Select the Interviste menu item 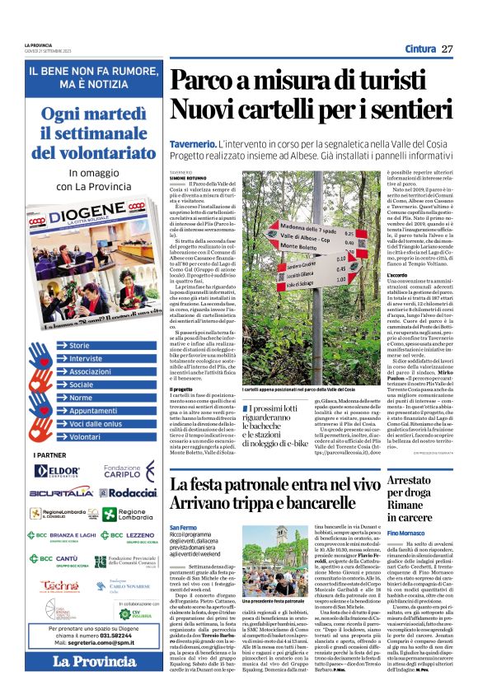tap(85, 359)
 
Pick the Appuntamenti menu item tap(92, 411)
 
